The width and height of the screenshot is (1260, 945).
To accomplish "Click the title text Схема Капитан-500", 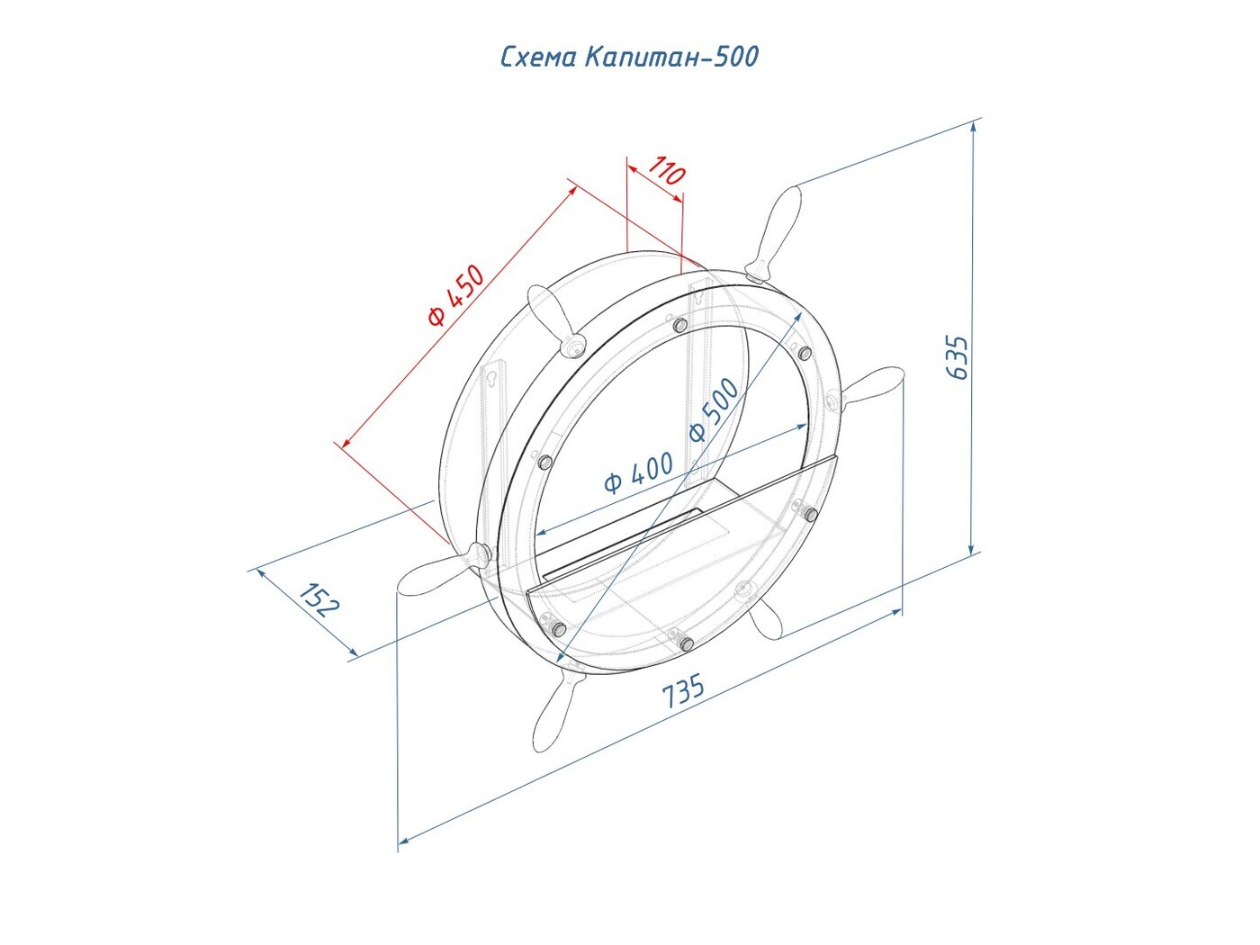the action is (629, 57).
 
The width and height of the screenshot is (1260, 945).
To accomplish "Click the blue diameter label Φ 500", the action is (714, 409).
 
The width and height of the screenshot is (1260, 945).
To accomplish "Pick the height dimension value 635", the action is (957, 357).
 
